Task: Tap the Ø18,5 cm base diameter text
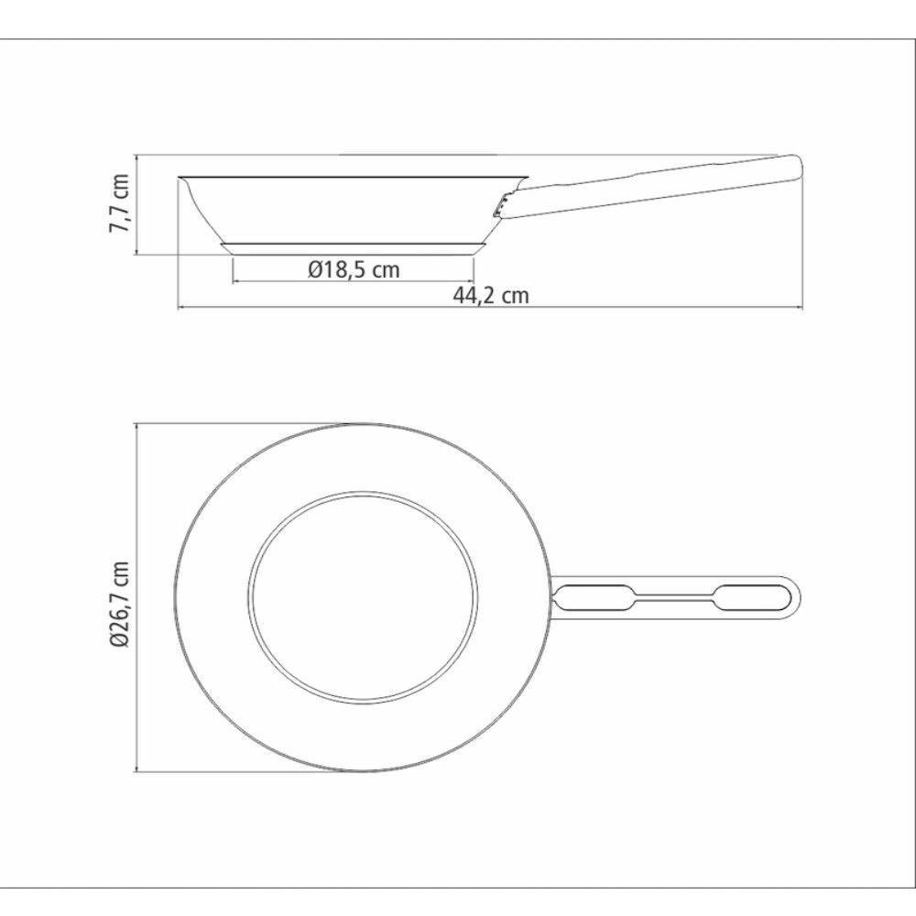pos(354,269)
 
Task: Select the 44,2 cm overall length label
pos(491,295)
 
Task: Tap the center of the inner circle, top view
pos(364,597)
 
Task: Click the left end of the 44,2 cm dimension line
pos(178,308)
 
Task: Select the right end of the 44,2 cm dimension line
pos(802,308)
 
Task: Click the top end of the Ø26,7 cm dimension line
pos(136,423)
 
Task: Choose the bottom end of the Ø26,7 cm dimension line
pos(136,771)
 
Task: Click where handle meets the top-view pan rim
pos(552,597)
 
